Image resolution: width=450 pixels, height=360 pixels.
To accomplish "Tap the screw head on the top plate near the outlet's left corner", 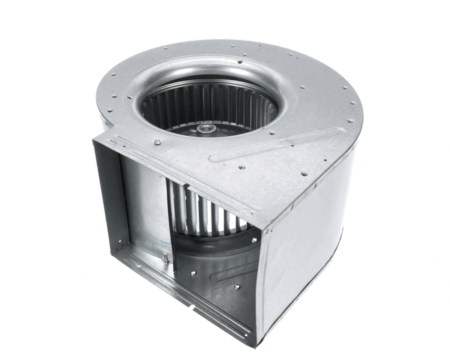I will pyautogui.click(x=157, y=142).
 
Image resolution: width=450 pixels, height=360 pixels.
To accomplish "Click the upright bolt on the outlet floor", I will pyautogui.click(x=166, y=259).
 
